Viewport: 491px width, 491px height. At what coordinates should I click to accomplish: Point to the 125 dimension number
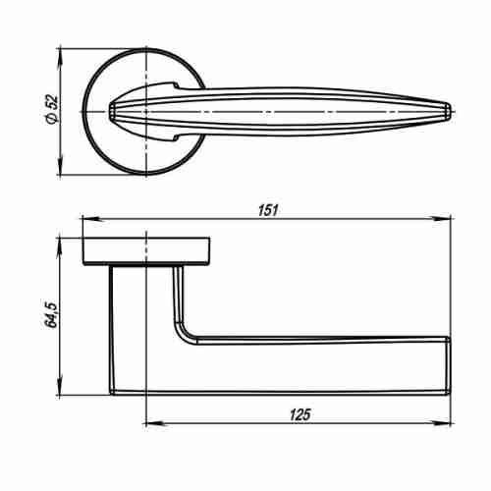pyautogui.click(x=300, y=415)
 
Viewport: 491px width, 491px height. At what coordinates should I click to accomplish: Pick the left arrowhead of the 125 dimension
pyautogui.click(x=150, y=424)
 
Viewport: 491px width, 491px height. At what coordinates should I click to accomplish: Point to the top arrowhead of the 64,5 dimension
pyautogui.click(x=62, y=241)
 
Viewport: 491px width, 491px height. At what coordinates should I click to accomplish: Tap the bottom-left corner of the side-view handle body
pyautogui.click(x=111, y=392)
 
